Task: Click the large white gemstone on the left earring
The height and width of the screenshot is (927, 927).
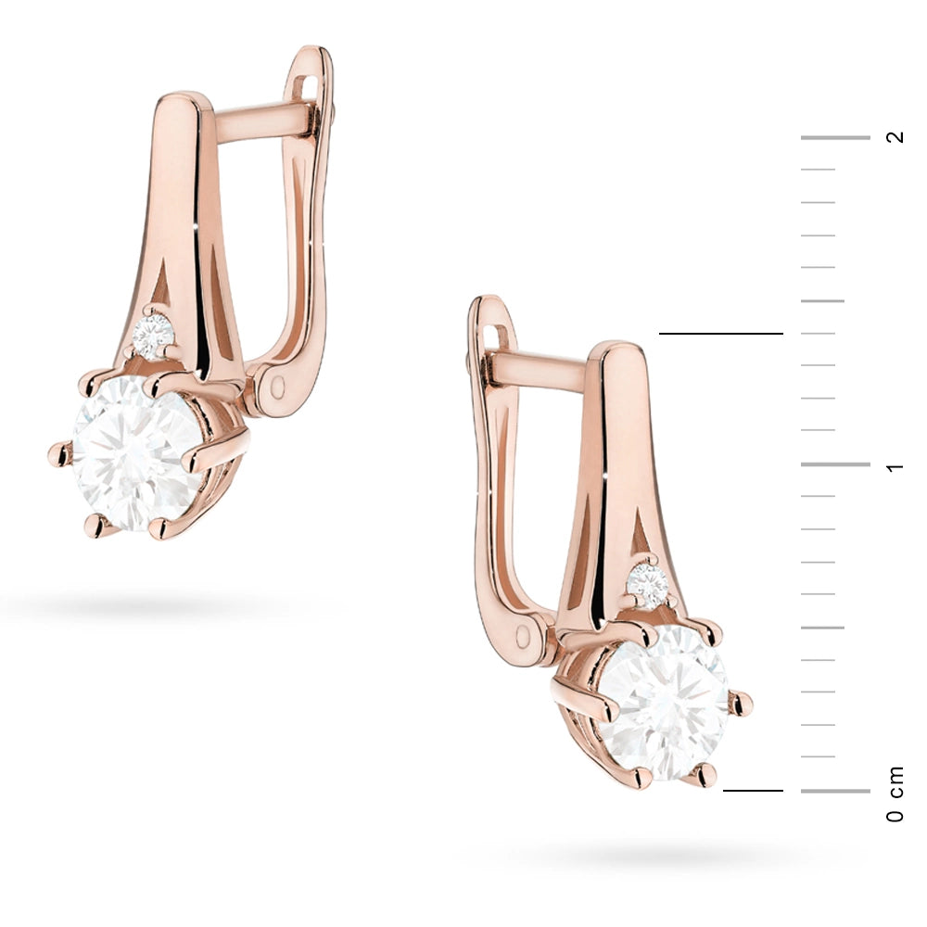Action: [x=134, y=452]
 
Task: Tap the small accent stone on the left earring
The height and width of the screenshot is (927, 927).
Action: [x=153, y=335]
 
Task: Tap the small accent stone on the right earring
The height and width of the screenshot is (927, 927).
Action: [x=647, y=585]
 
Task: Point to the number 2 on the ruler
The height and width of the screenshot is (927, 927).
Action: [x=895, y=137]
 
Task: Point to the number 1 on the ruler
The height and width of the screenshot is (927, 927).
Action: [x=895, y=464]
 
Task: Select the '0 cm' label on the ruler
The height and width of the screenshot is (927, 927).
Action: [x=895, y=794]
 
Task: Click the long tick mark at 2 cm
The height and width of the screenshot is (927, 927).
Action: [x=835, y=137]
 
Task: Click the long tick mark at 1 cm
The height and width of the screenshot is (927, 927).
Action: [x=835, y=464]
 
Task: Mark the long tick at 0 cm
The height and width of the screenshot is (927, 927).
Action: [x=835, y=791]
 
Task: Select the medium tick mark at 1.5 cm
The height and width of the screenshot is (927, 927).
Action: [x=822, y=300]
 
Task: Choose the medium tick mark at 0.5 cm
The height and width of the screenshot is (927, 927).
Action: [x=822, y=628]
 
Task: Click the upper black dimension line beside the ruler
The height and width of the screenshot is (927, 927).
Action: [x=720, y=333]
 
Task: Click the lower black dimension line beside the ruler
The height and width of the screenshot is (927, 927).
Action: [x=753, y=791]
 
